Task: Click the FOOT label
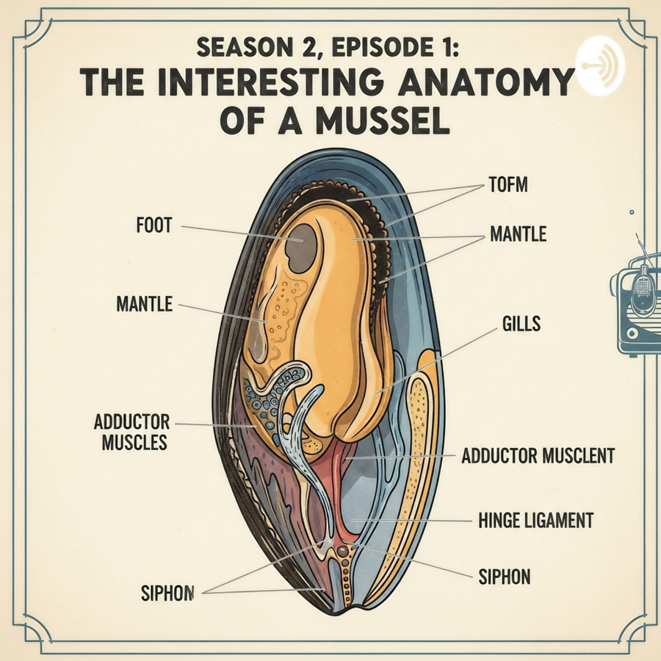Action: tap(153, 225)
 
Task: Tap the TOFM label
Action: tap(508, 185)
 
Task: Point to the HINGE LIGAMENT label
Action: tap(535, 521)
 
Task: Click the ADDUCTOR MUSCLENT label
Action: tap(538, 456)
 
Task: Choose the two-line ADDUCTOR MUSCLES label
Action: tap(132, 433)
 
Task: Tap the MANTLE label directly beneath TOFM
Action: tap(518, 234)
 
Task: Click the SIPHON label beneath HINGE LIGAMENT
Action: tap(504, 577)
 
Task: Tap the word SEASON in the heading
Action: tap(234, 50)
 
